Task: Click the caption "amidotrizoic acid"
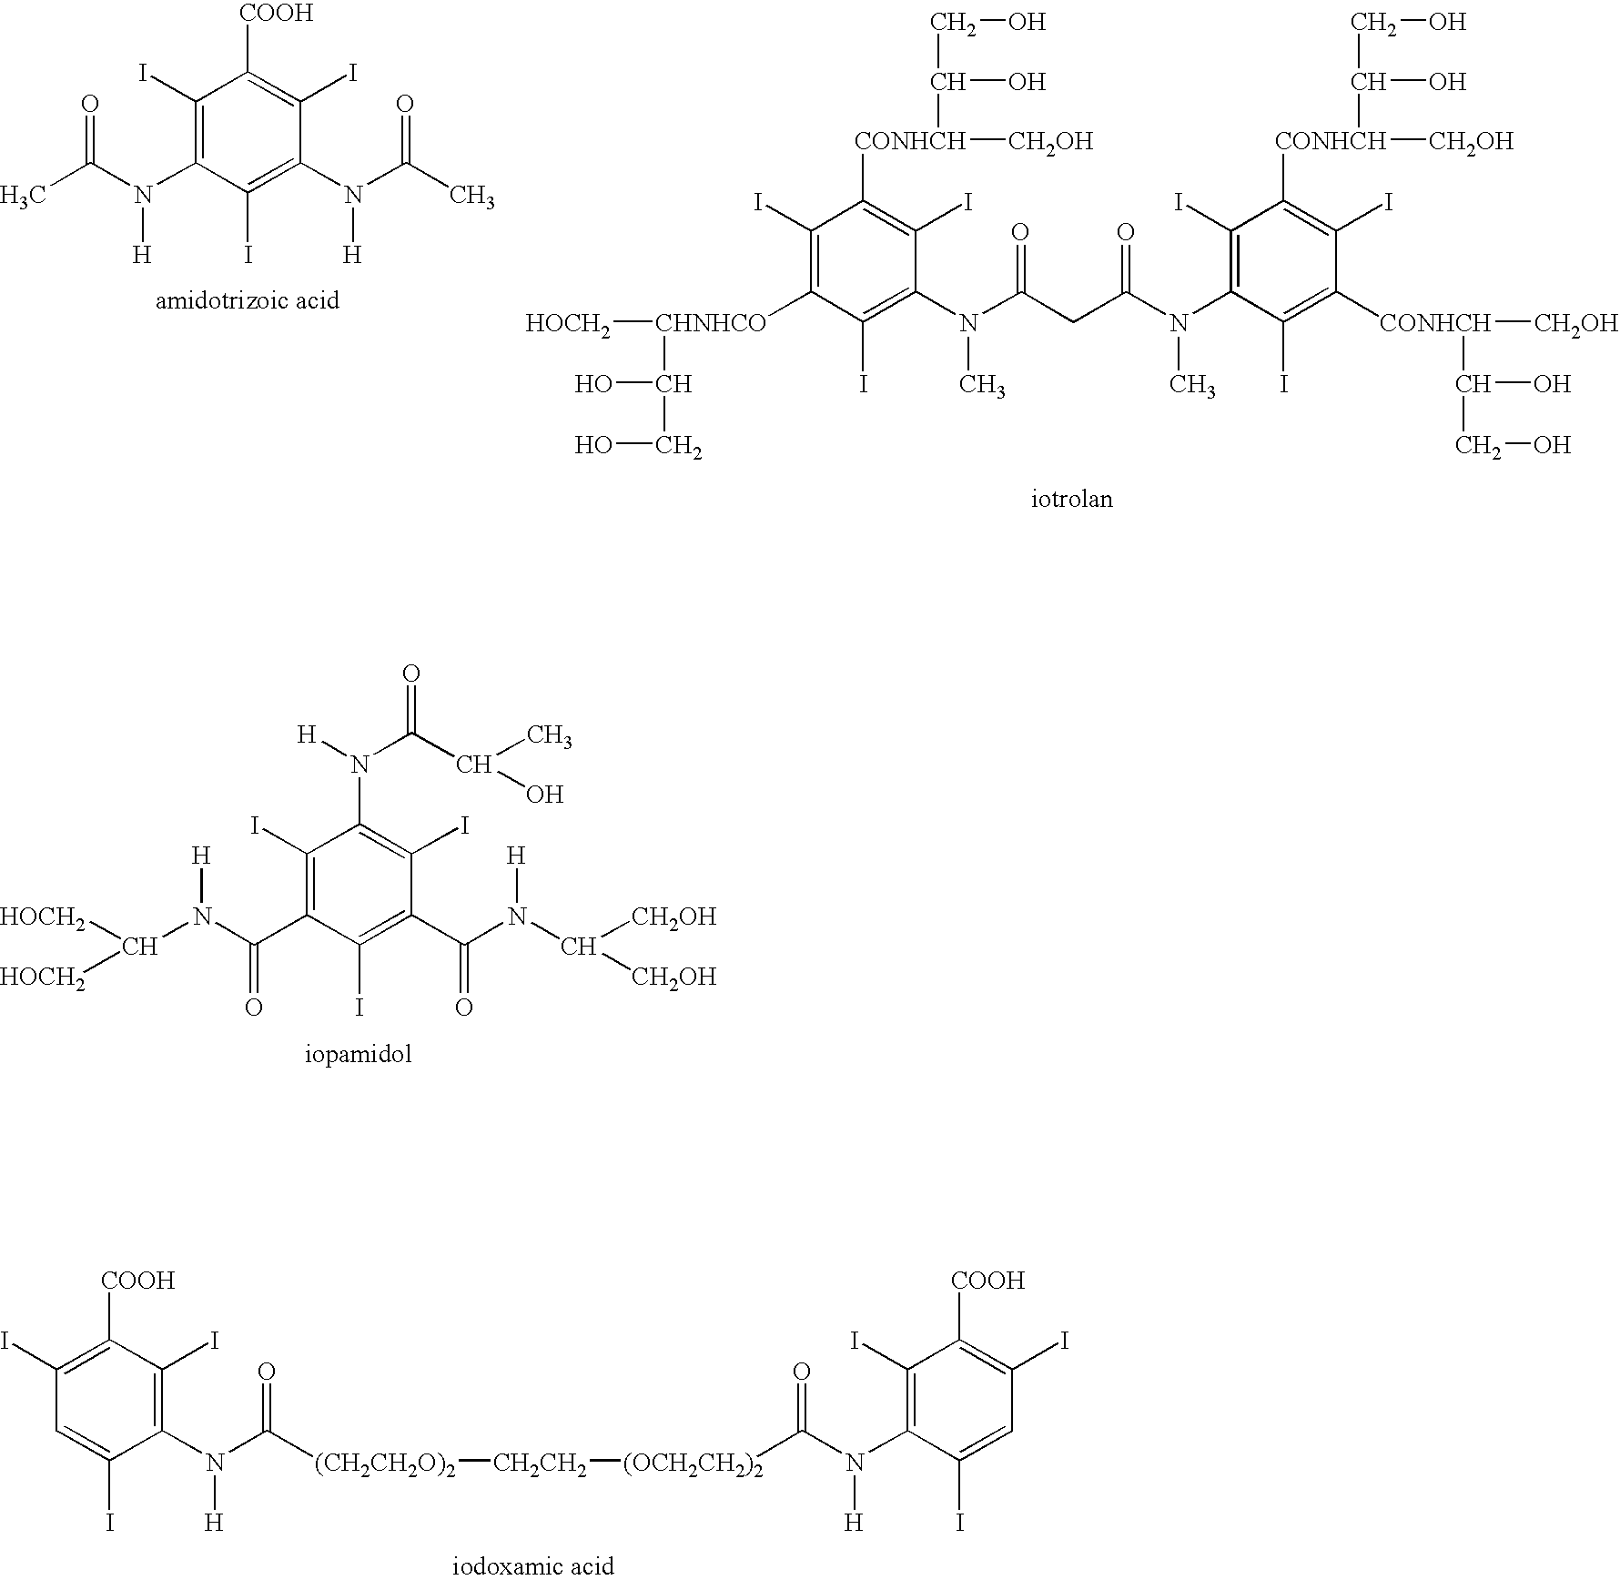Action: (x=248, y=300)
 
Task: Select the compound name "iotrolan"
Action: (x=1071, y=499)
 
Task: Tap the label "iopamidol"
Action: (x=359, y=1055)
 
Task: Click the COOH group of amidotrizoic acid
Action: (x=275, y=13)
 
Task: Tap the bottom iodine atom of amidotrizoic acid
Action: (x=248, y=256)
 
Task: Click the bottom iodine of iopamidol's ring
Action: (x=359, y=1007)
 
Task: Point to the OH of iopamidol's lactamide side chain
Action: (x=544, y=795)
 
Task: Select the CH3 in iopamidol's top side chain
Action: (x=549, y=735)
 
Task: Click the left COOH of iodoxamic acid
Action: (x=137, y=1281)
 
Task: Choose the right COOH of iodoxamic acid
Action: (x=987, y=1281)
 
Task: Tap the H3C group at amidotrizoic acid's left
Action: (x=24, y=197)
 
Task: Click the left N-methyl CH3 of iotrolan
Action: (x=982, y=386)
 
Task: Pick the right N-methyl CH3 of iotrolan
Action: (x=1192, y=386)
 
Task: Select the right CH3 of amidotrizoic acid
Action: (x=471, y=197)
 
